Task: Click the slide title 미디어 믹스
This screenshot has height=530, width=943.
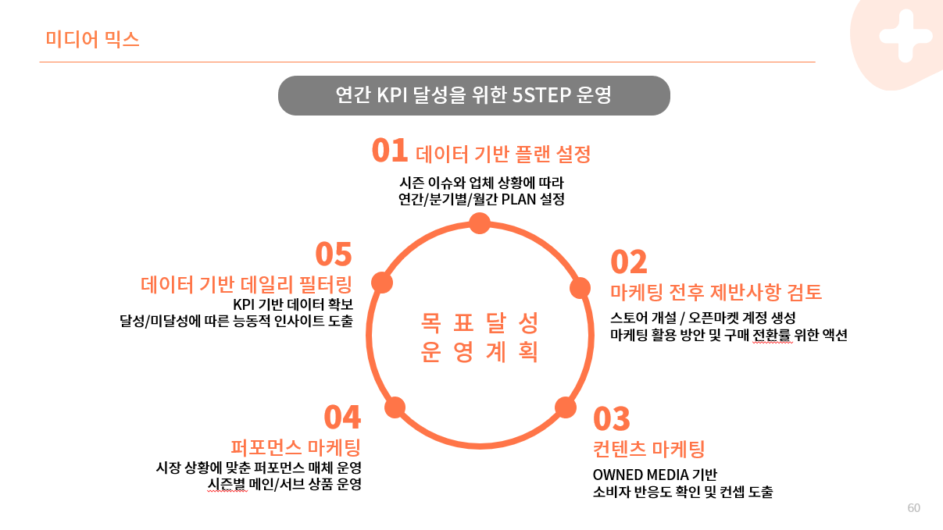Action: (92, 39)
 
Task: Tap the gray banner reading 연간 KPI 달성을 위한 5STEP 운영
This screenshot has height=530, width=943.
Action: (473, 95)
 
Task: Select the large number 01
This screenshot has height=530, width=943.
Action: (390, 150)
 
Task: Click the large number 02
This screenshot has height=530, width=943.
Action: (628, 262)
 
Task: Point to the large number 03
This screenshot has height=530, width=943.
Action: (612, 419)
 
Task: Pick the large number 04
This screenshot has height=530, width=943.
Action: (342, 418)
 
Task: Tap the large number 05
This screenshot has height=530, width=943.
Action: (334, 254)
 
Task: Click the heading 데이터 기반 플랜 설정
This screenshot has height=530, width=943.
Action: (502, 154)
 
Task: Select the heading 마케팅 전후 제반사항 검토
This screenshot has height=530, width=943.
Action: (716, 293)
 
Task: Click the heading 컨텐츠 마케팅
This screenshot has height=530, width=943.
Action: (649, 449)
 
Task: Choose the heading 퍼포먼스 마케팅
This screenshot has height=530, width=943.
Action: (295, 447)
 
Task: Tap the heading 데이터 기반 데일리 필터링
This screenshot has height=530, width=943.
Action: (247, 283)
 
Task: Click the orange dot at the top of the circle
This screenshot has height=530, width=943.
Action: (480, 224)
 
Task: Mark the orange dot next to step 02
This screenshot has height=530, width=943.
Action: (580, 288)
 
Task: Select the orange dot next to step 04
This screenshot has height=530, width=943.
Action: (395, 407)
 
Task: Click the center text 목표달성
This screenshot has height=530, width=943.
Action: (480, 322)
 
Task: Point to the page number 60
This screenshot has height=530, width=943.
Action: (913, 508)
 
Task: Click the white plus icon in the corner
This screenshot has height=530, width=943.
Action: (905, 35)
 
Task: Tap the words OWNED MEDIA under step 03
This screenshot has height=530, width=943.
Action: (641, 475)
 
